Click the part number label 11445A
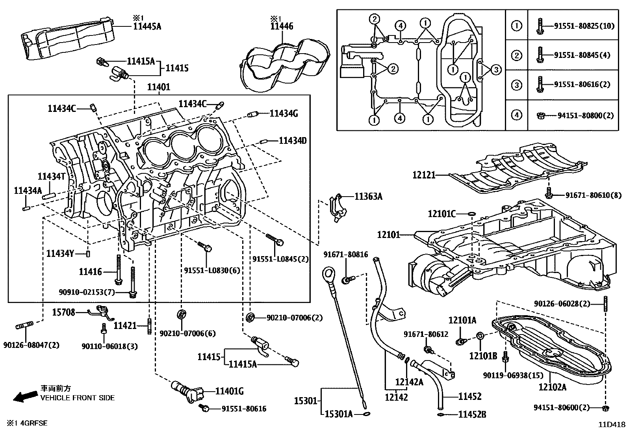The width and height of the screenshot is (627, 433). (147, 26)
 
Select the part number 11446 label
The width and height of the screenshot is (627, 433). (282, 26)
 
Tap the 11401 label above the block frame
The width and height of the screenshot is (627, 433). (158, 87)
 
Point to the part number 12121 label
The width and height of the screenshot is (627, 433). (424, 175)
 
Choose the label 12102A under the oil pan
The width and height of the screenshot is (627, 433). (552, 387)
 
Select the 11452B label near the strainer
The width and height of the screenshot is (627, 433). (472, 414)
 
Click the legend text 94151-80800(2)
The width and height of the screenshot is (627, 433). (586, 116)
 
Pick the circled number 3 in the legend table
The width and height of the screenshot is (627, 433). (516, 85)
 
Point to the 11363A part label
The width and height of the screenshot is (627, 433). (368, 196)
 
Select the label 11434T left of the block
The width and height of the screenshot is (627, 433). (51, 177)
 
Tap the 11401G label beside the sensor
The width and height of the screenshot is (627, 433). (229, 391)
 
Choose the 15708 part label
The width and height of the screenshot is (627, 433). (63, 312)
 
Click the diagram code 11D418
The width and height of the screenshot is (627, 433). (612, 425)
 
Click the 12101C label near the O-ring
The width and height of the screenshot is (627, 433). (441, 214)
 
